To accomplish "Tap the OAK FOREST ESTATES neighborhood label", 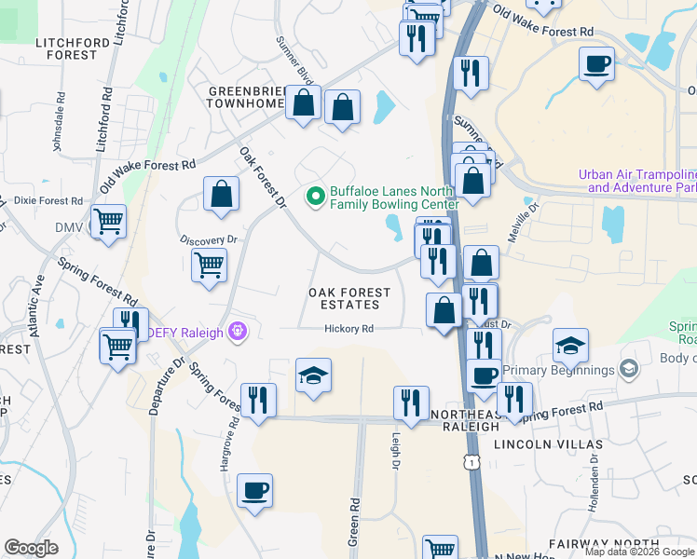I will tap(345, 298).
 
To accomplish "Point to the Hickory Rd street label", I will tap(348, 329).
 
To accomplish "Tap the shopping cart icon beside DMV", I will tap(109, 223).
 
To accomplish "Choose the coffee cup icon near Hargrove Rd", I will tap(254, 489).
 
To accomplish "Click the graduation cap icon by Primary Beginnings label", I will tap(570, 347).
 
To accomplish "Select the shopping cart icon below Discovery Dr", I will tap(210, 265).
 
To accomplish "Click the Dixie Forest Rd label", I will tap(48, 200).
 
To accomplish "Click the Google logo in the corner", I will tap(31, 548).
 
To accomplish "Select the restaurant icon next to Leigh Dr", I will tap(411, 402).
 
